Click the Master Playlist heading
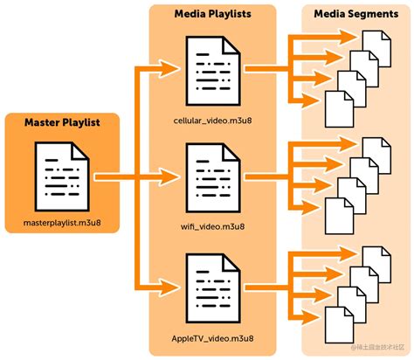tap(60, 123)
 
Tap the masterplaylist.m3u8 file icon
tap(61, 171)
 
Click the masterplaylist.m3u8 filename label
tap(61, 225)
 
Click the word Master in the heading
tap(44, 123)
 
